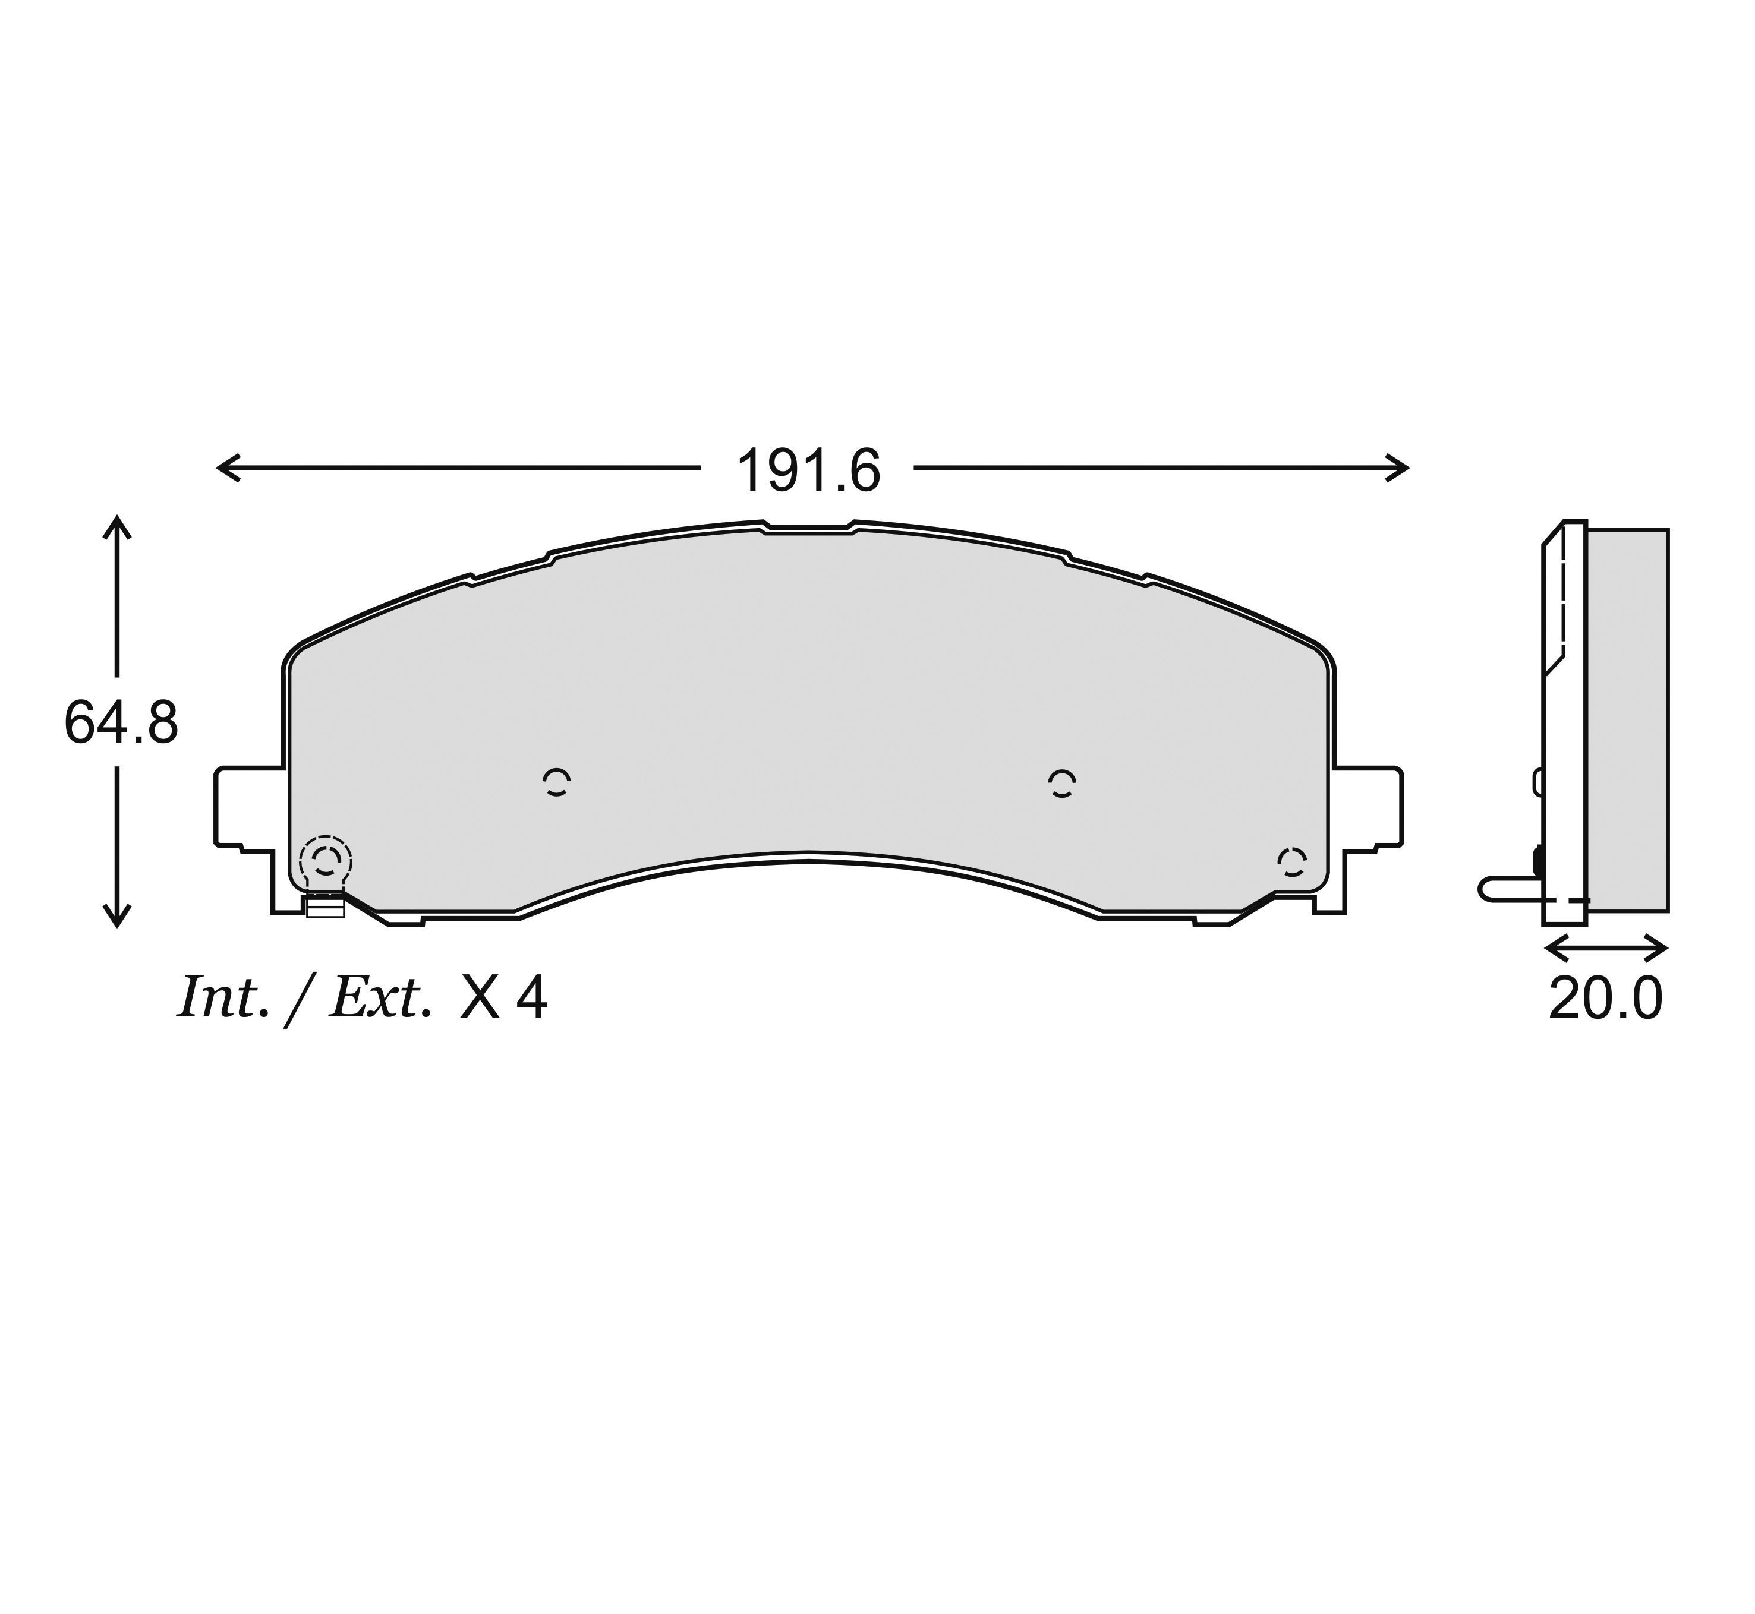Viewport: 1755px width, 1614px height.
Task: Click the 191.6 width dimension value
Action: tap(808, 472)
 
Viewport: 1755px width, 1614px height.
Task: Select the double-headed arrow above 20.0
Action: tap(1606, 947)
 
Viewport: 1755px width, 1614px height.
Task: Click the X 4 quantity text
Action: tap(503, 997)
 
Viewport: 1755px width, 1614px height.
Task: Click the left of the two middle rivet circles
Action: tap(556, 782)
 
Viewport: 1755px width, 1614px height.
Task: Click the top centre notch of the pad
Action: tap(808, 528)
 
